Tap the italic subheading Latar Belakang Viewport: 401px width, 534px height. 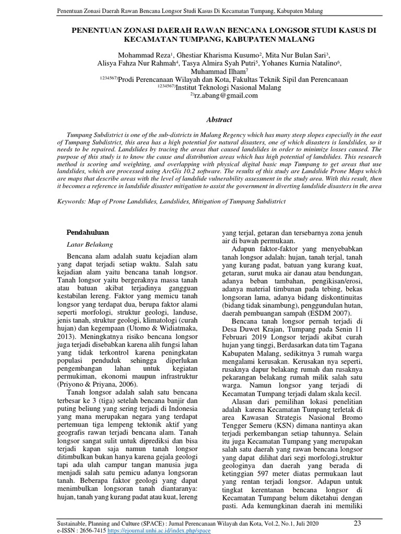(90, 244)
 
